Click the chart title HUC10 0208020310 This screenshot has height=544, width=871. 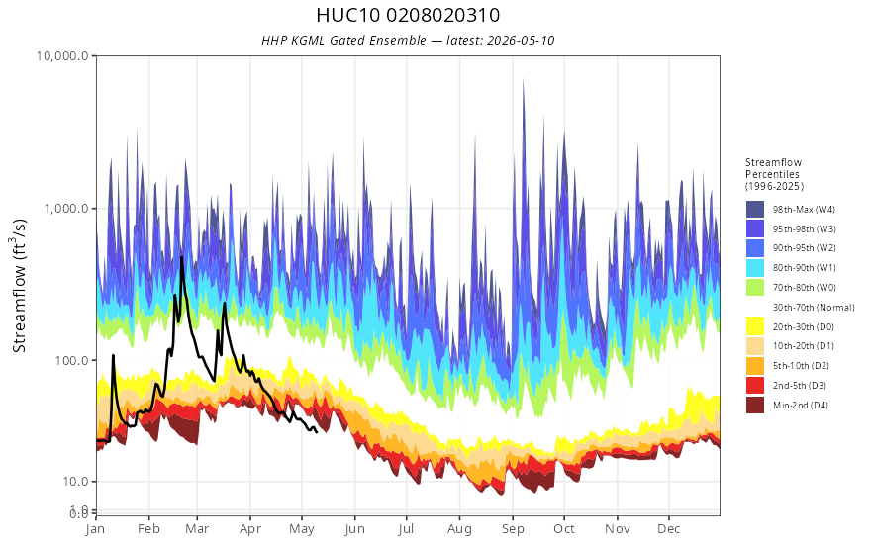pos(408,15)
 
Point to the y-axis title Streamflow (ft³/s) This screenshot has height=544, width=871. pos(20,285)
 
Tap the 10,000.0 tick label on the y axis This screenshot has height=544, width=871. pos(62,56)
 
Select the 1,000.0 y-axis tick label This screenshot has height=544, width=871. pos(66,209)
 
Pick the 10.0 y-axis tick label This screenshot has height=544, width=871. pos(75,482)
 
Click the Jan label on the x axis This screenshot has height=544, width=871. pos(96,529)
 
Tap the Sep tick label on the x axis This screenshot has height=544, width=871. pos(513,529)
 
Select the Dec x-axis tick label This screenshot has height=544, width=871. pos(669,529)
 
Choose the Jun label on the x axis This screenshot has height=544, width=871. pos(354,529)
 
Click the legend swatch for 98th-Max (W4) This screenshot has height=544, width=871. pos(755,210)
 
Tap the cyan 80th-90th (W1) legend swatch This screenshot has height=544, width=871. pos(755,268)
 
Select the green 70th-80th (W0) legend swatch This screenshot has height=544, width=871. pos(755,288)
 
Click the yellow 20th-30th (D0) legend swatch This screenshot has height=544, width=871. pos(755,327)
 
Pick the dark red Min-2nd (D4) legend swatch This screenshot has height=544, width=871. pos(755,406)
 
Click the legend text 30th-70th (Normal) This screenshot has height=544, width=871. pos(814,307)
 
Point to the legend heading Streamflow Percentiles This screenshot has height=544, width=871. pos(774,174)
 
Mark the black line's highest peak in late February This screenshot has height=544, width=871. pos(182,257)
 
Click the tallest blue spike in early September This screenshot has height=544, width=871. pos(523,80)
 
